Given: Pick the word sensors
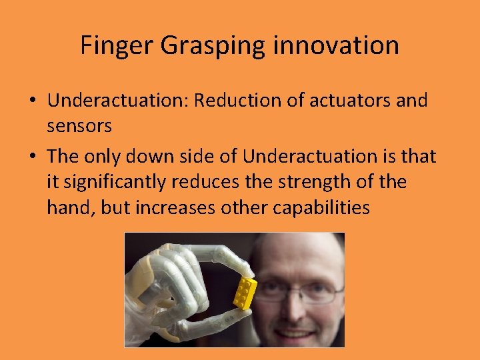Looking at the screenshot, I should click(79, 126).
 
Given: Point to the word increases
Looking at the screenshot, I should click(178, 207).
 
